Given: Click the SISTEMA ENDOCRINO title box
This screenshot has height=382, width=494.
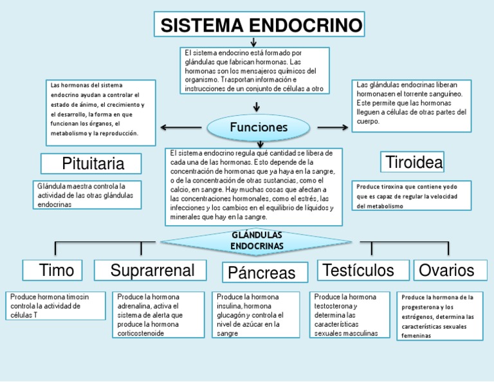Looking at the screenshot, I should (x=259, y=26).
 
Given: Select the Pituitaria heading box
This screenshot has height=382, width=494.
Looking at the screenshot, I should (x=93, y=164).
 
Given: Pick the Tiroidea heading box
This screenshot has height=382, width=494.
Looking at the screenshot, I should (x=414, y=163).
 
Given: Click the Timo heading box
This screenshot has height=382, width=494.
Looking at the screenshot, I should (x=57, y=270).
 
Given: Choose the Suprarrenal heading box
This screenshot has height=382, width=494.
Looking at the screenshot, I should (x=153, y=270).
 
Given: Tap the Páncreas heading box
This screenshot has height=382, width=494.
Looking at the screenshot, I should (x=261, y=273).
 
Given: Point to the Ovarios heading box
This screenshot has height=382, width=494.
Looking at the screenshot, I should (x=446, y=270).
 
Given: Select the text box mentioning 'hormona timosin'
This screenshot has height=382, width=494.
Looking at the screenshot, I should (x=56, y=305).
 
